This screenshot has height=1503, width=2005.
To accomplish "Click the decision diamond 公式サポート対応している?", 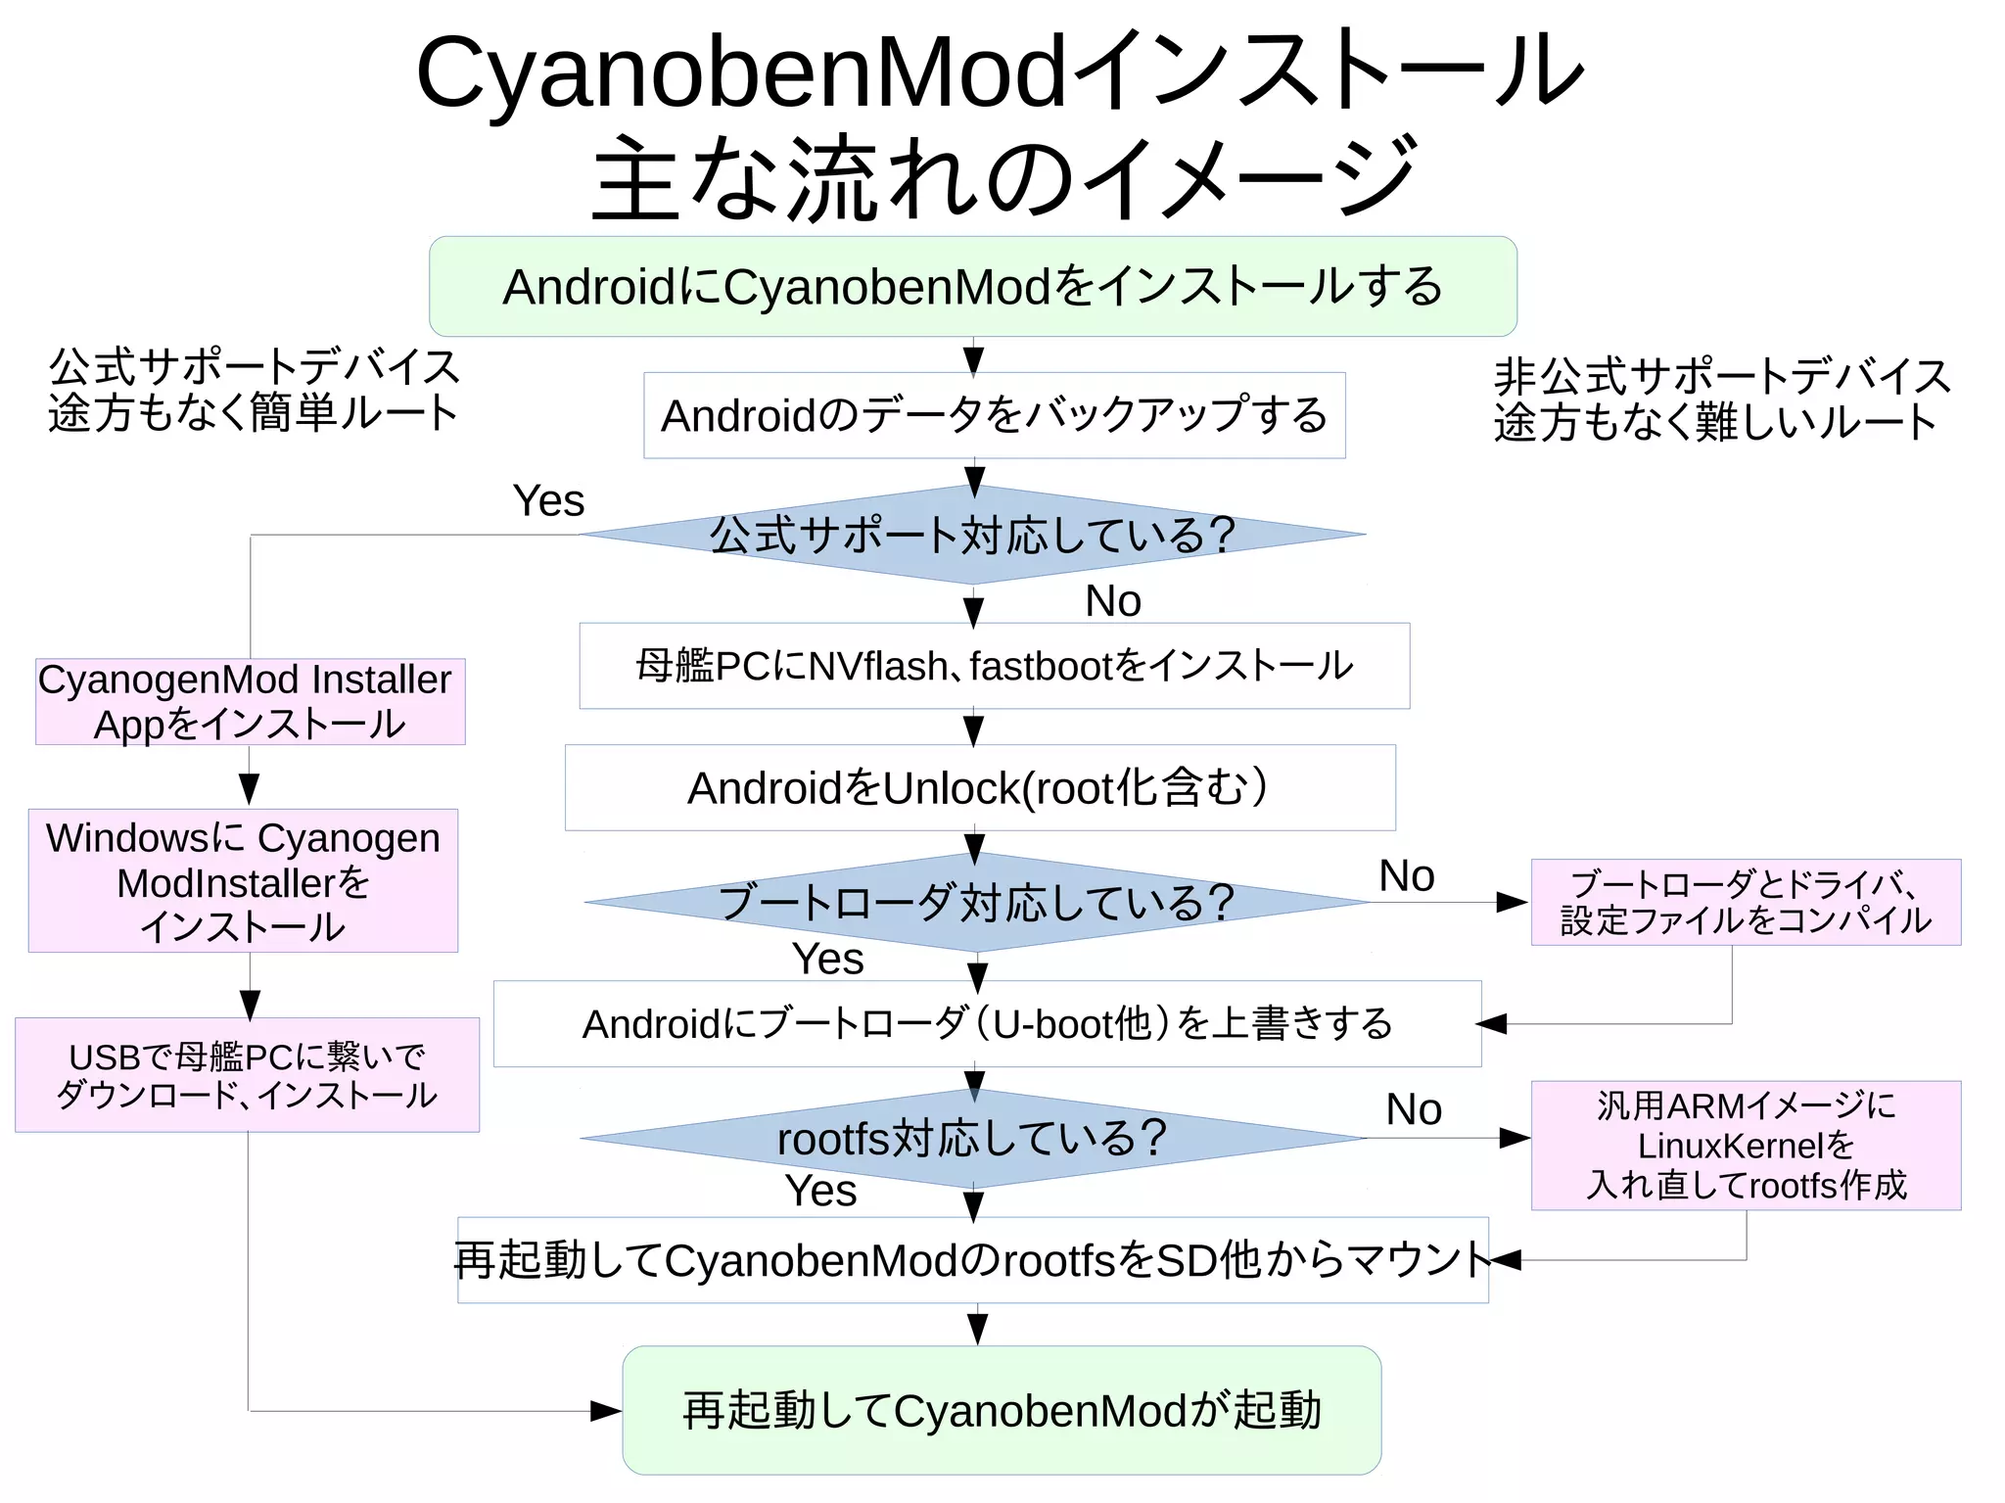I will [x=972, y=535].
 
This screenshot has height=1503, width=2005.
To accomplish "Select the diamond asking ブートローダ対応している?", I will [x=975, y=902].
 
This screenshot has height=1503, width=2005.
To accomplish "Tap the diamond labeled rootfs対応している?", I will [x=972, y=1138].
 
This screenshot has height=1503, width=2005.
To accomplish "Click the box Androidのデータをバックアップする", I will [x=994, y=415].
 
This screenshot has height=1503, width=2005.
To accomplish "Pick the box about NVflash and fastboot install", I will [x=994, y=666].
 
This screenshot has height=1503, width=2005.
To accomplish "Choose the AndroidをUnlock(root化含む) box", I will [x=979, y=787].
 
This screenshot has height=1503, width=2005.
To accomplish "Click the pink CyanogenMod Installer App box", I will [x=250, y=701].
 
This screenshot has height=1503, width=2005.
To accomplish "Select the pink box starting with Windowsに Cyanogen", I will [x=243, y=880].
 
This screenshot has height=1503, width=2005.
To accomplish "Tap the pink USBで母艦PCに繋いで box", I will [x=247, y=1074].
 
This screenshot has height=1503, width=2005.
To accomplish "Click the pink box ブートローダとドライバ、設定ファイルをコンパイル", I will [x=1746, y=902].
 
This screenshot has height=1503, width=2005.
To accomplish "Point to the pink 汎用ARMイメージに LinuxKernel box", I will [x=1746, y=1145].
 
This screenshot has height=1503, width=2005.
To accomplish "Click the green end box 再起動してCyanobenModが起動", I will [x=1002, y=1410].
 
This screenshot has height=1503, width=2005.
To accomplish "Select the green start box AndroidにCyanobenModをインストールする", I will [x=972, y=286].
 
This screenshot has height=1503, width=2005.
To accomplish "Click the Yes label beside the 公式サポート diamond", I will [x=548, y=501].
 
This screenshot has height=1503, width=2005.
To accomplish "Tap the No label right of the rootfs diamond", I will [x=1414, y=1109].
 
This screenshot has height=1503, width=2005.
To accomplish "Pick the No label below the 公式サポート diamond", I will [x=1113, y=600].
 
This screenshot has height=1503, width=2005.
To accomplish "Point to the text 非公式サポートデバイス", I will [x=1722, y=377].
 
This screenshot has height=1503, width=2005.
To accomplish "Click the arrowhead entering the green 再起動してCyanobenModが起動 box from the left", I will [x=606, y=1411].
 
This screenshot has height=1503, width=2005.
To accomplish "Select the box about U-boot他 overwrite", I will [x=987, y=1023].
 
